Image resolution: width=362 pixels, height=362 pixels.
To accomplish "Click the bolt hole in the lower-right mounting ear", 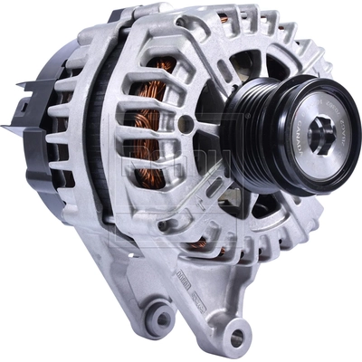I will (x=237, y=336).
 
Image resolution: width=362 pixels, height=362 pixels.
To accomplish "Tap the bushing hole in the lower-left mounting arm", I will (x=161, y=318).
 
